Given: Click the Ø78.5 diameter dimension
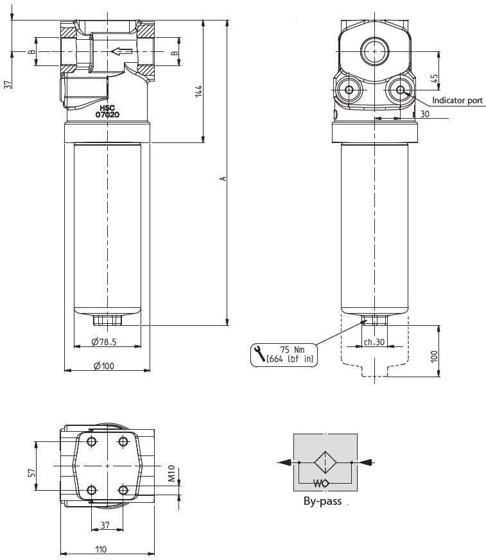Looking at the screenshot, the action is click(104, 342).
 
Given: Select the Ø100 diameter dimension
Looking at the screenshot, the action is click(103, 366).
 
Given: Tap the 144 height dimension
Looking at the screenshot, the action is click(198, 91).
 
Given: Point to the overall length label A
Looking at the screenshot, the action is click(223, 178).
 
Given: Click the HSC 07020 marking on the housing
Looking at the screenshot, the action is click(107, 112).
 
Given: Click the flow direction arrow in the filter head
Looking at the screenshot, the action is click(121, 51).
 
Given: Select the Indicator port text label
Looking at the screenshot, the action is click(457, 100).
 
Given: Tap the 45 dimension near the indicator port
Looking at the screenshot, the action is click(434, 78).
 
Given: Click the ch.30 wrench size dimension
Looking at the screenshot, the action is click(374, 342).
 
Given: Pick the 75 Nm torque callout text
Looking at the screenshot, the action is click(292, 350).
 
